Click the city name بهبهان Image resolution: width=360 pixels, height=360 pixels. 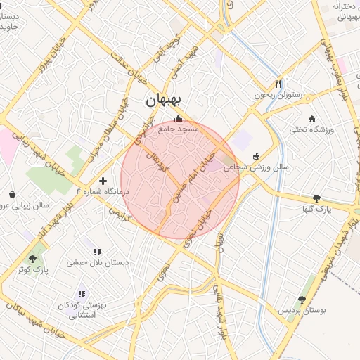coord(163,101)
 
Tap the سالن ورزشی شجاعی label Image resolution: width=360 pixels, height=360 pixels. coord(256,168)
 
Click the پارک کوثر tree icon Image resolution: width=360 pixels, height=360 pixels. coord(32,259)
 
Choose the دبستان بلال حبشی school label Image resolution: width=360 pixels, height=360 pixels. coord(97,263)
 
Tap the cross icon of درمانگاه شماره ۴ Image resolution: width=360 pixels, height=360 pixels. coord(103,181)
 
